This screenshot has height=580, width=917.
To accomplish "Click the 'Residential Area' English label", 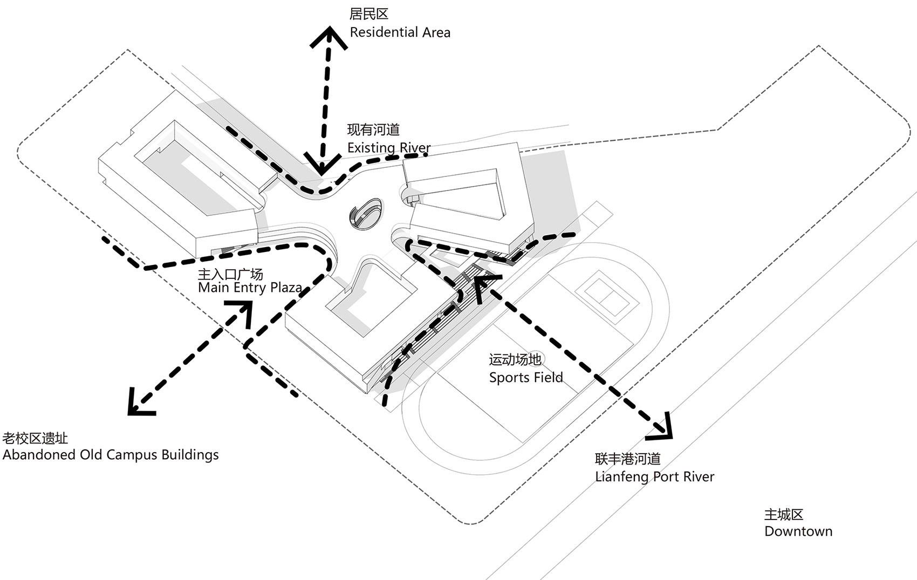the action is click(x=400, y=32).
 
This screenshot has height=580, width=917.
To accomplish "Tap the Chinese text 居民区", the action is click(x=368, y=15).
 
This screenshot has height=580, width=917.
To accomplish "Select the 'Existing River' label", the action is click(x=389, y=147).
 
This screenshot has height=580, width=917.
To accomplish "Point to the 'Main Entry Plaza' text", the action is click(x=250, y=288).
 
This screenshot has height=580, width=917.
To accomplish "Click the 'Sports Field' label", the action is click(x=526, y=377).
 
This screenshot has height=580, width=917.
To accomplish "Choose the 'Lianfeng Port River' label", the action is click(x=655, y=477).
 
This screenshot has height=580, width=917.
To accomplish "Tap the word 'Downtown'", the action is click(x=798, y=531).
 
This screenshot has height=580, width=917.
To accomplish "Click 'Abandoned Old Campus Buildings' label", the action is click(x=111, y=455).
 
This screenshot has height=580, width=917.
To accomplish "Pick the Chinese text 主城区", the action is click(x=784, y=515).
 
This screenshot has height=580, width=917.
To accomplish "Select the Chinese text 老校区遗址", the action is click(x=35, y=438).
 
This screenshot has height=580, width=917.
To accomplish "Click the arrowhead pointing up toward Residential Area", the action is click(x=329, y=37).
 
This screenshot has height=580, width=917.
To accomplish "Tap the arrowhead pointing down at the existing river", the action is click(x=323, y=164).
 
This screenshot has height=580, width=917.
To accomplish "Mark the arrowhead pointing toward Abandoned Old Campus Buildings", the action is click(x=139, y=404).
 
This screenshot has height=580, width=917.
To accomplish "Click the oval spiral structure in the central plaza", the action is click(x=366, y=213).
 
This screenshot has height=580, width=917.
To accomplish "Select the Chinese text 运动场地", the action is click(x=515, y=360).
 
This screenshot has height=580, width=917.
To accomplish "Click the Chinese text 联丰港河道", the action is click(x=627, y=459).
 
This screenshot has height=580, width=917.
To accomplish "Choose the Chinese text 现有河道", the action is click(x=373, y=130).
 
